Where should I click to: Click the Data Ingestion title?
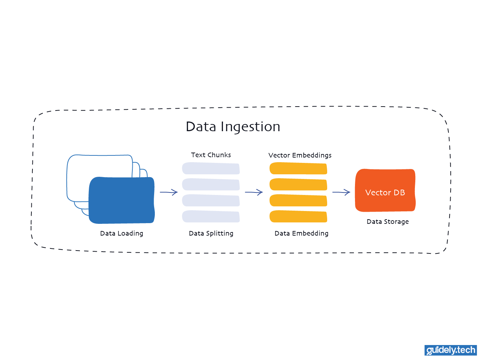coord(233,127)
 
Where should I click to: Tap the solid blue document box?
coord(121,200)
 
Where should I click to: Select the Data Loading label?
coord(121,233)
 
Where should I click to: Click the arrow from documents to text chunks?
coord(169,192)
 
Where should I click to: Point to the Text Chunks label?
coord(211,155)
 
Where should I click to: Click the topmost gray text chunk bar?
coord(211,168)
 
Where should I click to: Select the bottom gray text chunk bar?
coord(211,216)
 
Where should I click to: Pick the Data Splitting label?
coord(211,233)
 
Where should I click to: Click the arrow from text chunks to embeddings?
coord(254,192)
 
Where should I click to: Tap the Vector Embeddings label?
coord(300,155)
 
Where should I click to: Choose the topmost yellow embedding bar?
coord(298,168)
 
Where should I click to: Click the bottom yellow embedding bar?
coord(298,216)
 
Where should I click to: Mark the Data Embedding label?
coord(301,233)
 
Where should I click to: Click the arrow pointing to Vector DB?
coord(341,192)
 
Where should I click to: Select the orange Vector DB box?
coord(385,190)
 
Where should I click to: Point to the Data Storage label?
coord(387,222)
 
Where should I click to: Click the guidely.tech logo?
coord(451,350)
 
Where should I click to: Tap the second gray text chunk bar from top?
coord(211,184)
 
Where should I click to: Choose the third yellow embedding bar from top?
coord(298,200)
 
